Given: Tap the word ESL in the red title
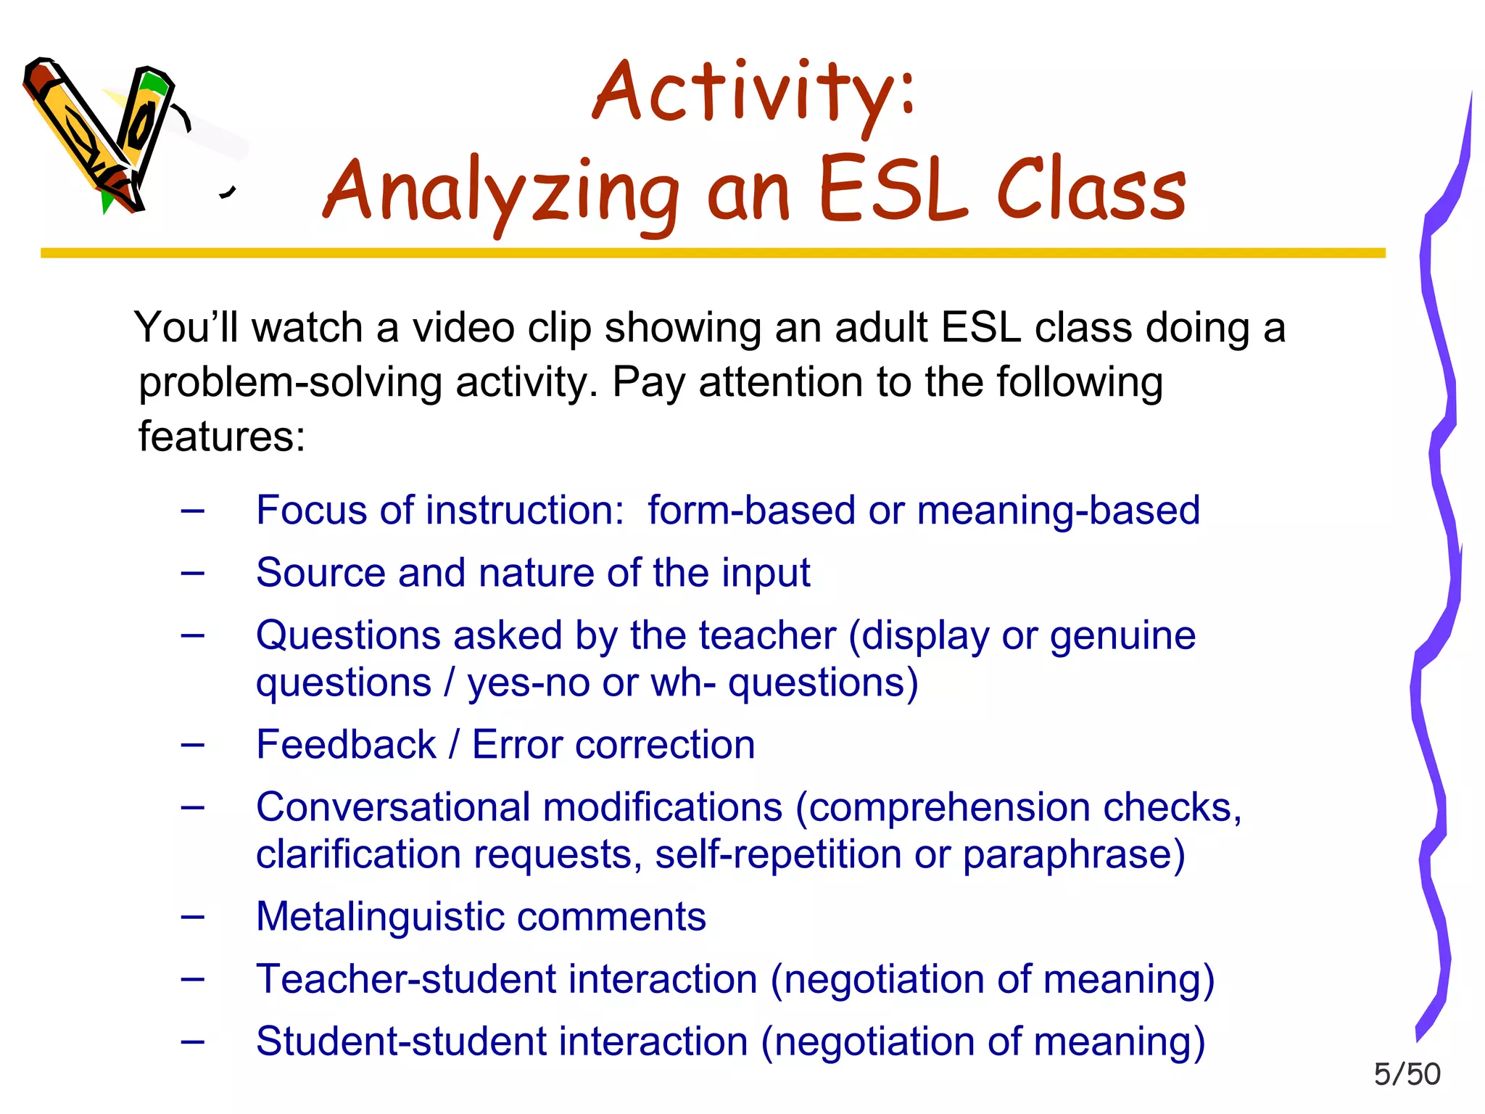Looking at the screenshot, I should point(893,190).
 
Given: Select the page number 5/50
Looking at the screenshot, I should point(1407,1074).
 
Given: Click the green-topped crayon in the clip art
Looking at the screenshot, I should point(145,123).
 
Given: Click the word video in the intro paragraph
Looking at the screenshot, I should point(463,328).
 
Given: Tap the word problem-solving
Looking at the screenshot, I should point(290,383).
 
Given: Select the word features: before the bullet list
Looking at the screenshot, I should point(222,437).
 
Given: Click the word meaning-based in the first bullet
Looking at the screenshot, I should point(1058,510).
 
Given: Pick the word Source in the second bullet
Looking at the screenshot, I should point(320,573).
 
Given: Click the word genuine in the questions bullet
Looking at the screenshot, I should point(1122,636).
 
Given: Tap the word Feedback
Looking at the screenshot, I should point(346,745).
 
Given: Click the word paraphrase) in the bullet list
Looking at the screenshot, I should point(1073,855).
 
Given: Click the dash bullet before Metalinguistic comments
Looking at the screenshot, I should point(193,917).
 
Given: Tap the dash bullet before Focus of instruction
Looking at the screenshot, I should point(193,511).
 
